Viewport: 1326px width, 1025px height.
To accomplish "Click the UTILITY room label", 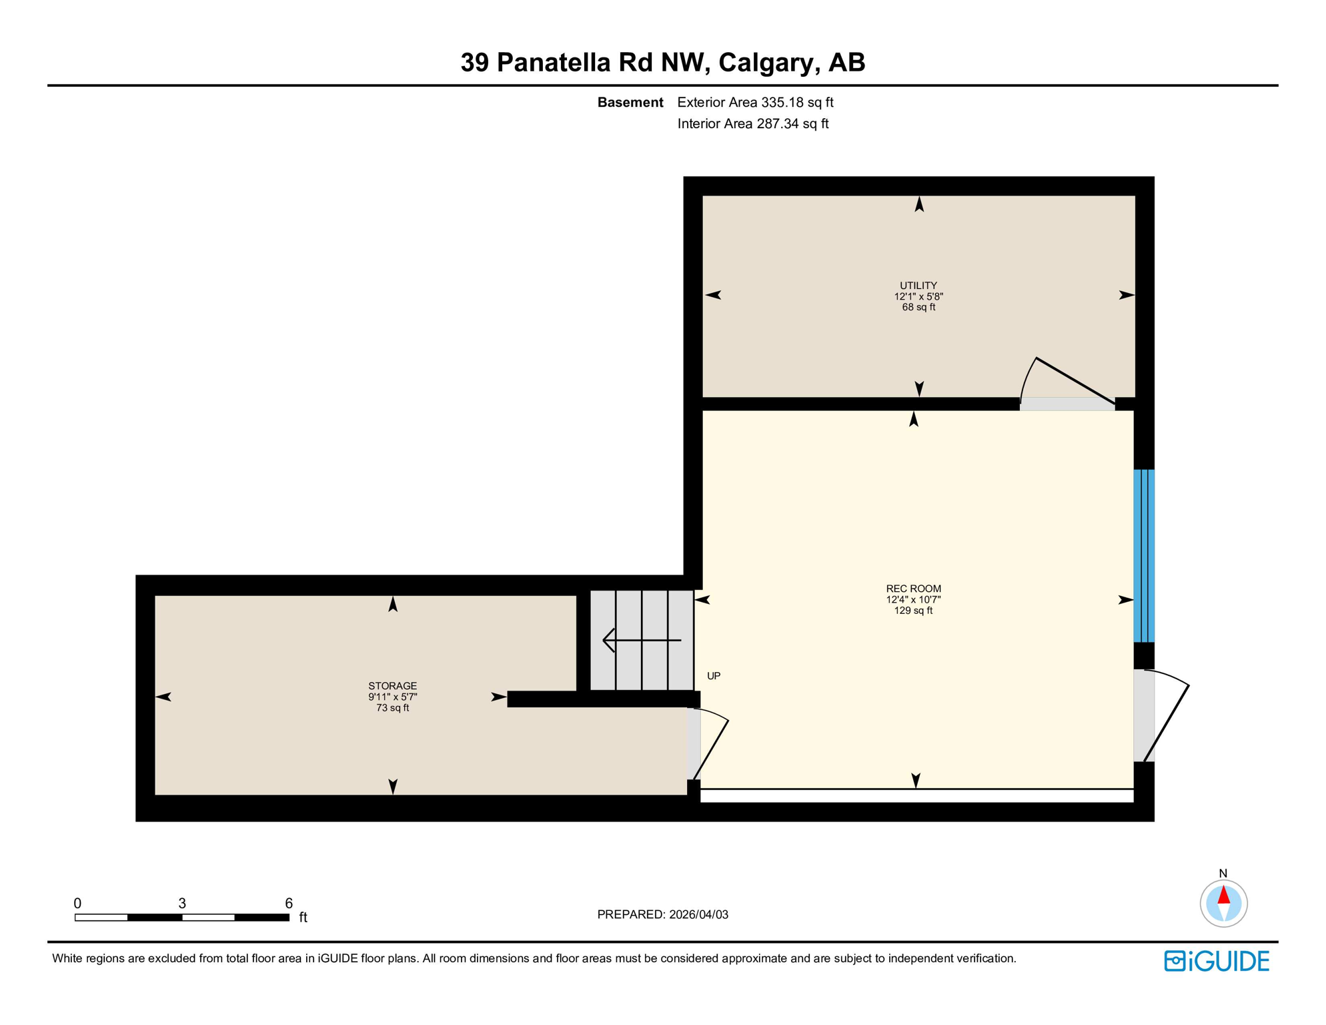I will (918, 286).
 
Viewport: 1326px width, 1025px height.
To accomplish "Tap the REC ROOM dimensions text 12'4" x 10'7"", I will (913, 599).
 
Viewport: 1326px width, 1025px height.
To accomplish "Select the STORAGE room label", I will (392, 686).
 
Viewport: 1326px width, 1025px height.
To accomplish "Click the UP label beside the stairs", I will (714, 676).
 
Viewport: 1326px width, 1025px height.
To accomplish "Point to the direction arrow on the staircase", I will (640, 641).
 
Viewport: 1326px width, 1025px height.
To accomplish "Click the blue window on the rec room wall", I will (1144, 555).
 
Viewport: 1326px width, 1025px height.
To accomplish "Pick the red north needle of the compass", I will (1223, 895).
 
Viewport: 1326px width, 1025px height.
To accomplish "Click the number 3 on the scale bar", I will (182, 903).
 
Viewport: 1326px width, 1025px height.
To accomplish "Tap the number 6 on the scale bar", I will (289, 903).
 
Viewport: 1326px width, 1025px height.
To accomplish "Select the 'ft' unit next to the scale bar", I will (303, 918).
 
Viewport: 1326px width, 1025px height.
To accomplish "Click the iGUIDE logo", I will (1217, 961).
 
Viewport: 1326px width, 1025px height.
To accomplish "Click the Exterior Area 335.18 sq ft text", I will (755, 102).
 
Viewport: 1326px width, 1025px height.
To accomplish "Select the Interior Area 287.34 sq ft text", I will (752, 123).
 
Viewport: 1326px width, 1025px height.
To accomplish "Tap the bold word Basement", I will (630, 102).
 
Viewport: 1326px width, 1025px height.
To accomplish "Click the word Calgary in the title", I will (766, 62).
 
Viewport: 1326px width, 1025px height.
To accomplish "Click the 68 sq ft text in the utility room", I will (918, 308).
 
